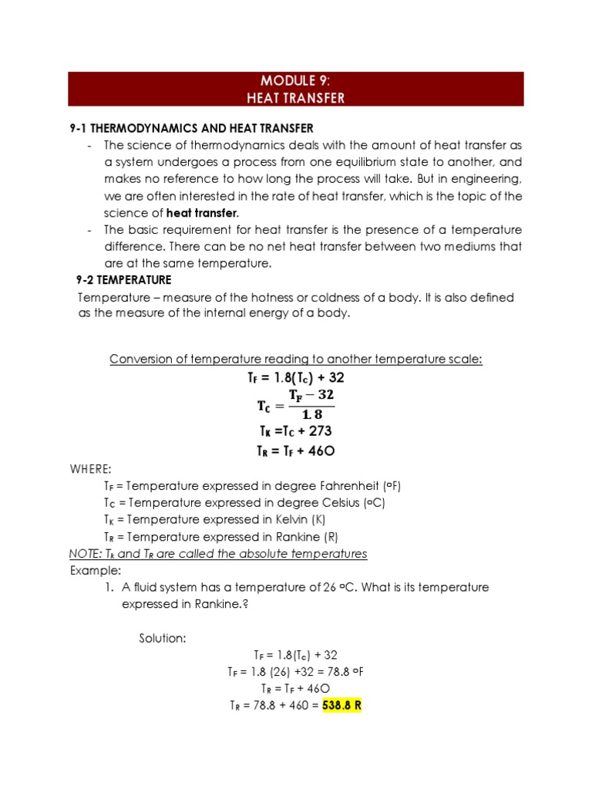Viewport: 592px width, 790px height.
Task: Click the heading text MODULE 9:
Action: pos(296,81)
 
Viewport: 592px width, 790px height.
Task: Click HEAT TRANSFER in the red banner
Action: pos(296,98)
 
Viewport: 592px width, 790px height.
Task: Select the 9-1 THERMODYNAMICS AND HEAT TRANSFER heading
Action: pos(192,128)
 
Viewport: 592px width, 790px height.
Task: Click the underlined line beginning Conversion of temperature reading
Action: pos(296,360)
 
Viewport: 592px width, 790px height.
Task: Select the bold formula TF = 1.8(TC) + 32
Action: pos(296,379)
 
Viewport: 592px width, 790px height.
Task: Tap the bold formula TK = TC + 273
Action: pos(295,431)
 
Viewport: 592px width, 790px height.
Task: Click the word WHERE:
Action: pos(91,470)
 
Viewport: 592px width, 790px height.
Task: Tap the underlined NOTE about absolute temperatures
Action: pos(218,554)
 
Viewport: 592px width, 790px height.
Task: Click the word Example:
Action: pos(96,570)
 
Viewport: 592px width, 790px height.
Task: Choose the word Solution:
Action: pos(163,638)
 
